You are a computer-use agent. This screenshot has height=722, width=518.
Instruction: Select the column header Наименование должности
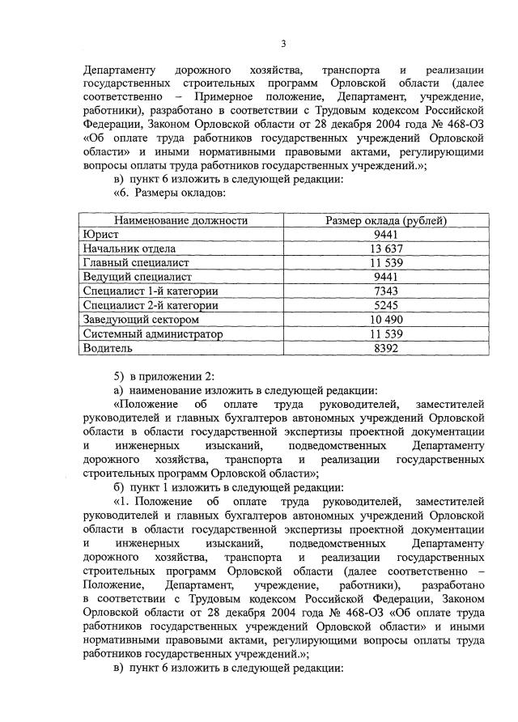[x=180, y=220]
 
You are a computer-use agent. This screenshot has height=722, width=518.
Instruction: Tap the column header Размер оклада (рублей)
[x=386, y=220]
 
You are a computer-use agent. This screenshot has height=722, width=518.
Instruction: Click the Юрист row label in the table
[x=101, y=235]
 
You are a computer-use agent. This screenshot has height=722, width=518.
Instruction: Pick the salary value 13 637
[x=386, y=248]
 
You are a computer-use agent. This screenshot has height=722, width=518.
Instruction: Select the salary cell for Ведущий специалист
[x=386, y=277]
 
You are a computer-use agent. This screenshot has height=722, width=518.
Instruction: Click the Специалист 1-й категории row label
[x=151, y=291]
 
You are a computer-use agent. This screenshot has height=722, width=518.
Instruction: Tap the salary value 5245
[x=386, y=305]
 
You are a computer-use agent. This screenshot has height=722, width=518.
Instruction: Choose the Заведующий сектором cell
[x=141, y=320]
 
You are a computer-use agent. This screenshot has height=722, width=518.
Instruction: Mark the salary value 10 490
[x=386, y=320]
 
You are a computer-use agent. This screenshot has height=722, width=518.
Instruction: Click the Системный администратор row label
[x=153, y=333]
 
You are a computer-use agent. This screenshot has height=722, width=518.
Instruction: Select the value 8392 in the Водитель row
[x=386, y=348]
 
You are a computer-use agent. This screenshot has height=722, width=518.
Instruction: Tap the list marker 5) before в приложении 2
[x=119, y=377]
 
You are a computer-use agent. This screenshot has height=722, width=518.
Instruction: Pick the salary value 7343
[x=386, y=291]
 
